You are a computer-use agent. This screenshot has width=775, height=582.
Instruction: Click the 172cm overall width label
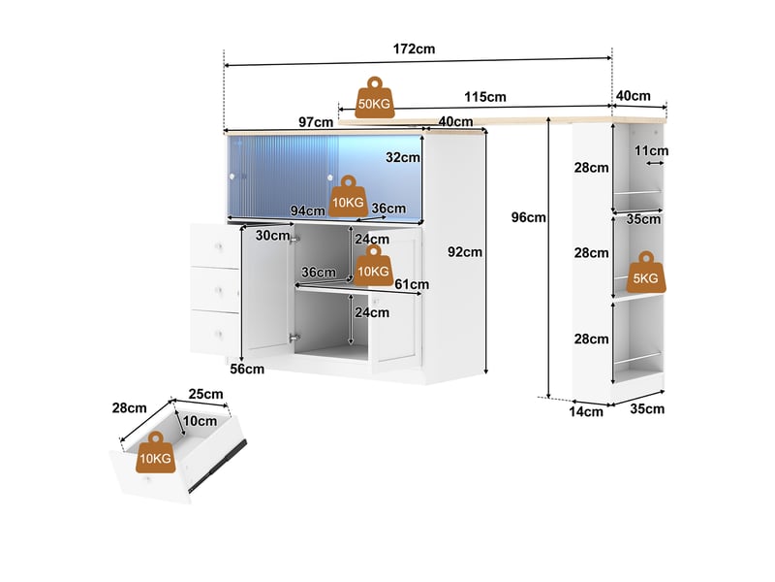point(414,49)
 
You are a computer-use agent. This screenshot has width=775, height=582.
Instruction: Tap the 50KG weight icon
point(374,98)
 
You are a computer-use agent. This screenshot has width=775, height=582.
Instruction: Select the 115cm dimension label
point(485,97)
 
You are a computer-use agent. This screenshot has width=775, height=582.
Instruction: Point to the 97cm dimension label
point(316,122)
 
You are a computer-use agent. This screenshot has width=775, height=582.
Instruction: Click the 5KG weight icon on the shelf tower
point(645,273)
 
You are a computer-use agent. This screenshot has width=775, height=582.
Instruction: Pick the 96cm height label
point(528,217)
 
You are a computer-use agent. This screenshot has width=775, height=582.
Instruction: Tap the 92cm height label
point(465,252)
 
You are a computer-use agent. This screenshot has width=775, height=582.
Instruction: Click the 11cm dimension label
point(651,150)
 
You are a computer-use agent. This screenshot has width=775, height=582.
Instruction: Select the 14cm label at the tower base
point(586,411)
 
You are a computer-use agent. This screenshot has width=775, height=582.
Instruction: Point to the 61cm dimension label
point(412,284)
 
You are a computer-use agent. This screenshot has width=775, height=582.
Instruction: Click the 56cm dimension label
point(247,370)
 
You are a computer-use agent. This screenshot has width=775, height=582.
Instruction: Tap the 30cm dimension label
point(272,236)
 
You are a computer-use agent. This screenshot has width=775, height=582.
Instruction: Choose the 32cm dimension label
point(403,157)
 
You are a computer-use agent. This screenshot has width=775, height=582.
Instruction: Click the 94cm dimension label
point(307,210)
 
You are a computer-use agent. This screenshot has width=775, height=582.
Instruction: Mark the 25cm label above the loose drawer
point(205,395)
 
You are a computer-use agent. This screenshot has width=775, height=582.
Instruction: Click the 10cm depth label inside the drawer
point(200,421)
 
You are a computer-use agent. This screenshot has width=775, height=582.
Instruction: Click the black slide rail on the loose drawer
point(218,466)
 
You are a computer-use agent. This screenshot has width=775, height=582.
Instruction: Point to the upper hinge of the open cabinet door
point(294,239)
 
